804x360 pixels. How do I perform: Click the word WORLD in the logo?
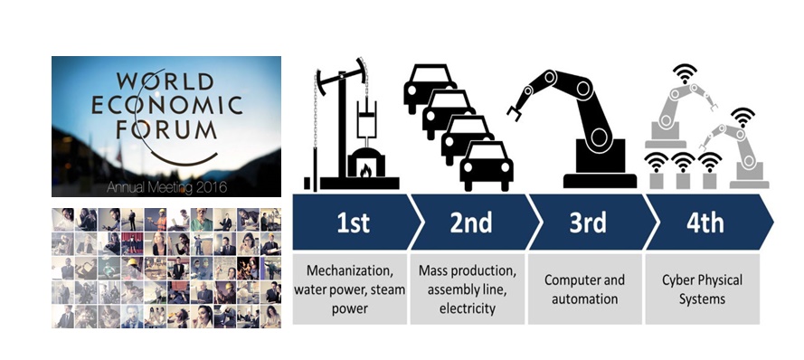(165, 81)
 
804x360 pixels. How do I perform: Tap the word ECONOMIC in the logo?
(166, 105)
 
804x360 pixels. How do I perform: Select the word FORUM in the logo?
(166, 128)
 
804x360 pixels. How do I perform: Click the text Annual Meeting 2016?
(166, 187)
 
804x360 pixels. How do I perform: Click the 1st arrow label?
(353, 222)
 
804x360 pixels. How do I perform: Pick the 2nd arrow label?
(470, 222)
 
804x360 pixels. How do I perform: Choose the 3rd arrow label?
(588, 222)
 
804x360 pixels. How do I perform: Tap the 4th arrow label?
(705, 222)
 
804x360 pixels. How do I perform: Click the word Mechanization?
(348, 270)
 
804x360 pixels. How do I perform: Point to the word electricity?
(468, 308)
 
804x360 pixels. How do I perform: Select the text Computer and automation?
(584, 289)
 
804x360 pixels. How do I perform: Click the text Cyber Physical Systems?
(702, 289)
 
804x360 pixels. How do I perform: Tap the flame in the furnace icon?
(365, 170)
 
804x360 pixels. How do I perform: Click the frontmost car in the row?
(487, 166)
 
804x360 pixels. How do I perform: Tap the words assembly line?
(468, 289)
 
